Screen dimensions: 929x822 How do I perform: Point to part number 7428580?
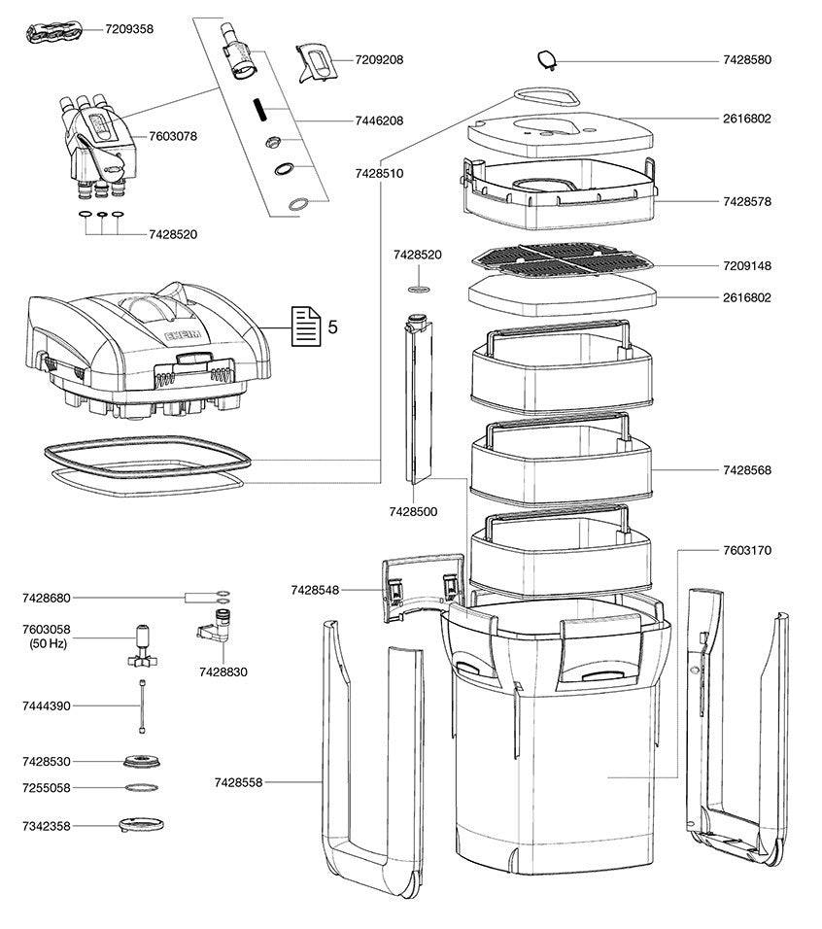[x=747, y=60]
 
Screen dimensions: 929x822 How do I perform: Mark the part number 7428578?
[x=747, y=201]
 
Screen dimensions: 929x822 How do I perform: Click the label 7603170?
[x=747, y=550]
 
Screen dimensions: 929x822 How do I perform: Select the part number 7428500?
[x=412, y=510]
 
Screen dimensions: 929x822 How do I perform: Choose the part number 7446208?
[x=378, y=120]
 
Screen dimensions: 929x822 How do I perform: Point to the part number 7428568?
[x=747, y=469]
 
